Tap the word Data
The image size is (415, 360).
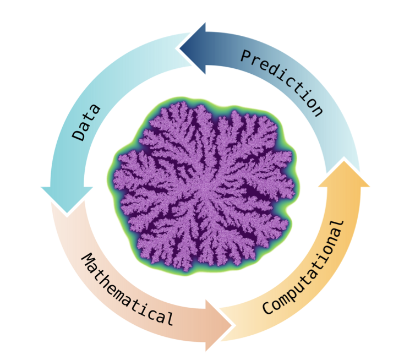tap(87, 122)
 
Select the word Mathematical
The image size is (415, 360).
tap(128, 290)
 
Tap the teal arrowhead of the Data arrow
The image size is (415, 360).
tap(67, 198)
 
